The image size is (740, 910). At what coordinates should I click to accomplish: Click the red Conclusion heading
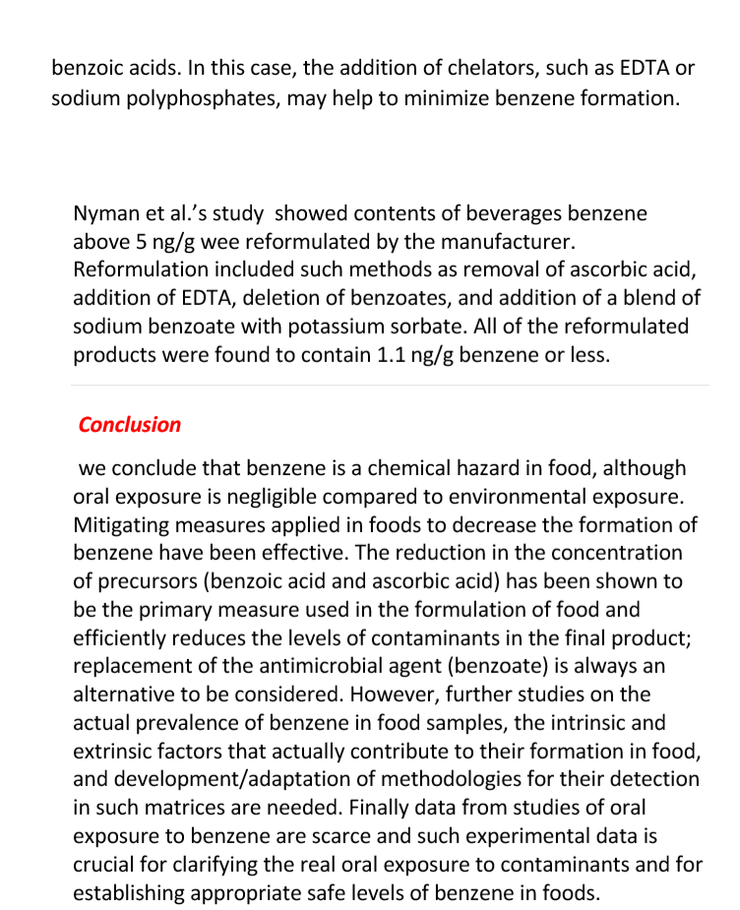[x=130, y=425]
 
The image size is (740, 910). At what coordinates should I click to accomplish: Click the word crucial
[x=104, y=865]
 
